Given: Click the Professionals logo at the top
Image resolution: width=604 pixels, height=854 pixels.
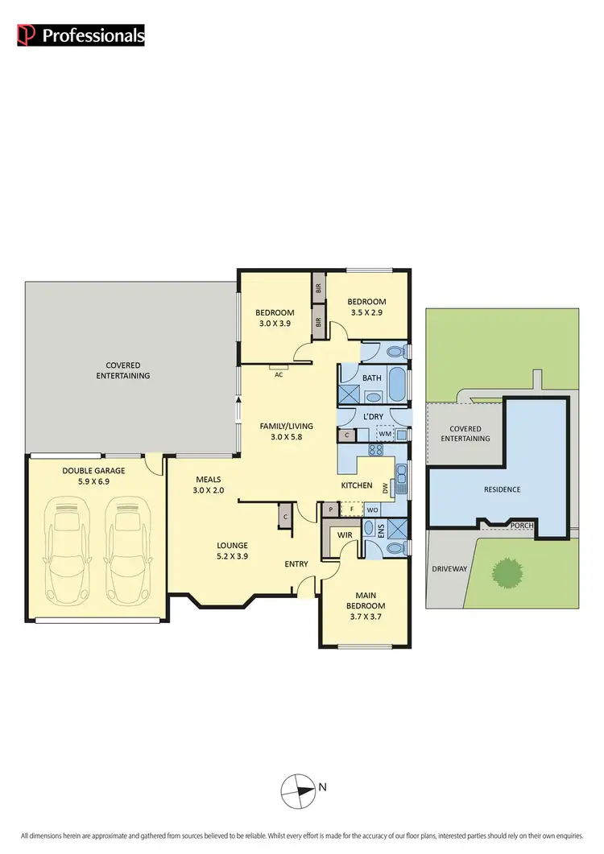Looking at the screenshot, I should tap(81, 35).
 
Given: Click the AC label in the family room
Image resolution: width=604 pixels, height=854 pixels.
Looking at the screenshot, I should tap(279, 374).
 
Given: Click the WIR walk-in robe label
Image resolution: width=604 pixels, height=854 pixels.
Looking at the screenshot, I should tap(346, 534).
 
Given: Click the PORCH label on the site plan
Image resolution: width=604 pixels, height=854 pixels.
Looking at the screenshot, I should tap(521, 525).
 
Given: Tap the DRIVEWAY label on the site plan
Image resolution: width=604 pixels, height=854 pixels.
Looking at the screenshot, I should tap(449, 568).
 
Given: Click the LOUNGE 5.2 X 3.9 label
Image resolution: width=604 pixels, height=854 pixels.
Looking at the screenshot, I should tap(231, 551).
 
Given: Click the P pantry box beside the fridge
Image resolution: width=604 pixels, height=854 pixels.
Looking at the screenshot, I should tap(330, 510).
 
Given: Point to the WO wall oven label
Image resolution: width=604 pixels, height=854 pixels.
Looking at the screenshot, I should tap(373, 510).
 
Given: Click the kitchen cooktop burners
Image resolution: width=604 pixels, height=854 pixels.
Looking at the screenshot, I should tap(374, 452).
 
